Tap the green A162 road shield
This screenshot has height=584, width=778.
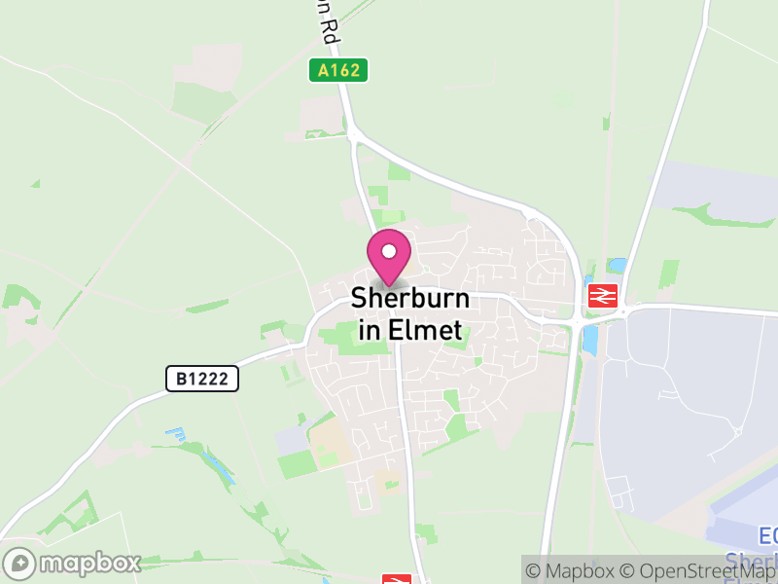(338, 70)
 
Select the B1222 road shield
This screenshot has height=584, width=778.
(202, 379)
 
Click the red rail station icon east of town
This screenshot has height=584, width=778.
(603, 295)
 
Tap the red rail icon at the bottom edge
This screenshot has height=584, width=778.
(396, 579)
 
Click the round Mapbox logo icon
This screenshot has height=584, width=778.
(20, 563)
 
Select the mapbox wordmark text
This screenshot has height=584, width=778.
(89, 563)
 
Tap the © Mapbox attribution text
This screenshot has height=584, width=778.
(573, 570)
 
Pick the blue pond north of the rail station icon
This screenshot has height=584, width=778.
(616, 265)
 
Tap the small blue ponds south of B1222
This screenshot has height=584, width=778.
(176, 432)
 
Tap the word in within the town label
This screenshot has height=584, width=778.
(370, 330)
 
